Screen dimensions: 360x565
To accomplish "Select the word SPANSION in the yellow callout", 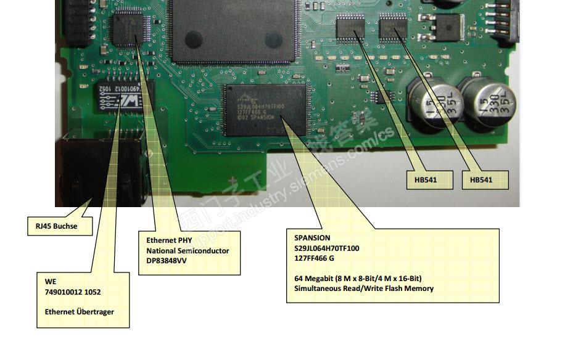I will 312,238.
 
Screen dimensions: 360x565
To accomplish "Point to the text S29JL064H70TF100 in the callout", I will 327,248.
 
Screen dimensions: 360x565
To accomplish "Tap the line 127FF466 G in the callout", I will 315,258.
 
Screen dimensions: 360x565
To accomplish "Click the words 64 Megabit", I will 315,278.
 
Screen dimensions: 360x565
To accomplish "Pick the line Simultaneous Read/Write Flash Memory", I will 364,288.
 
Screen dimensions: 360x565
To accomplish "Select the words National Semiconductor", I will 188,250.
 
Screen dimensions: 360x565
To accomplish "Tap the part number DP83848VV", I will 166,261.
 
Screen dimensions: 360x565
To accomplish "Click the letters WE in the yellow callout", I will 50,281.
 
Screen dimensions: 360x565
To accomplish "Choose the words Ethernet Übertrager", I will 79,311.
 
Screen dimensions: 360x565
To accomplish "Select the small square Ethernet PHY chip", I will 131,30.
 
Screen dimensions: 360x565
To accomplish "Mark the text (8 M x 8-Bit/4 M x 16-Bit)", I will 379,278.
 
